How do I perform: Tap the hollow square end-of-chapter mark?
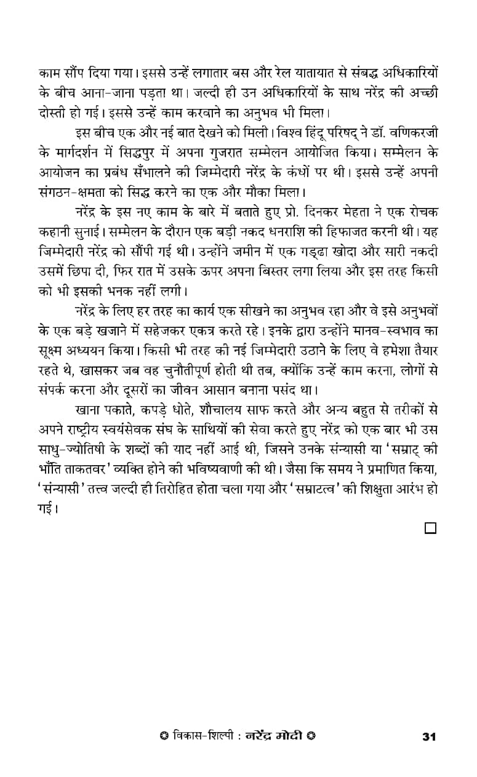pyautogui.click(x=430, y=528)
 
